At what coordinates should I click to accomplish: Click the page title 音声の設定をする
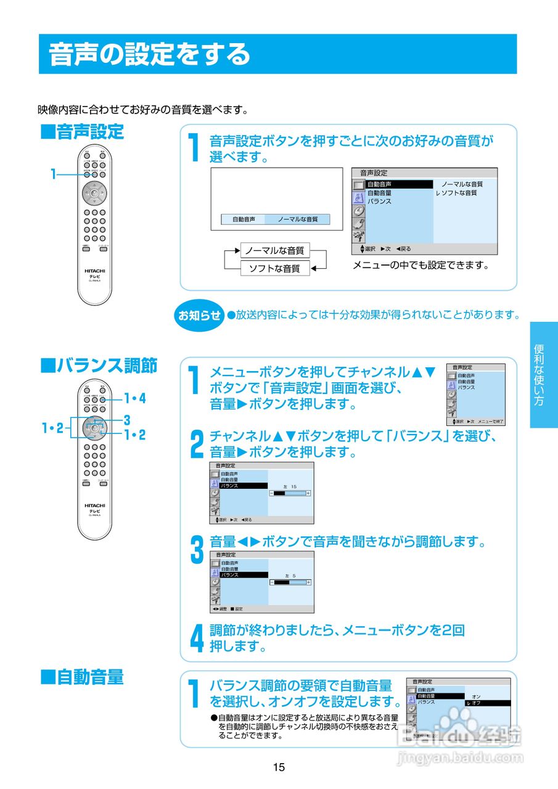[150, 54]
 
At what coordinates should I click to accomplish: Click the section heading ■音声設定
[82, 132]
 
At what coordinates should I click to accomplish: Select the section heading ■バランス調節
[99, 366]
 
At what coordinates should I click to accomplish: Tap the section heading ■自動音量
[82, 677]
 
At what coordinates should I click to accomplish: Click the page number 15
[279, 767]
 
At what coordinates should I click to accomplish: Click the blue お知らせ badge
[199, 316]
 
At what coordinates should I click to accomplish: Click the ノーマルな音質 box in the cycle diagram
[274, 251]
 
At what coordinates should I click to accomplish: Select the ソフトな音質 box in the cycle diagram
[274, 268]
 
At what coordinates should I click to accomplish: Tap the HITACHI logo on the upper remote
[95, 271]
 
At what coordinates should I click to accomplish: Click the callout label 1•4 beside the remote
[135, 398]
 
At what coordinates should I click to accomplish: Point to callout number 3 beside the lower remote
[126, 420]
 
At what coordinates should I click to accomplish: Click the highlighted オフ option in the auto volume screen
[487, 703]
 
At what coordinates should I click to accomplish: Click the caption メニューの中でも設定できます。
[421, 266]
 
